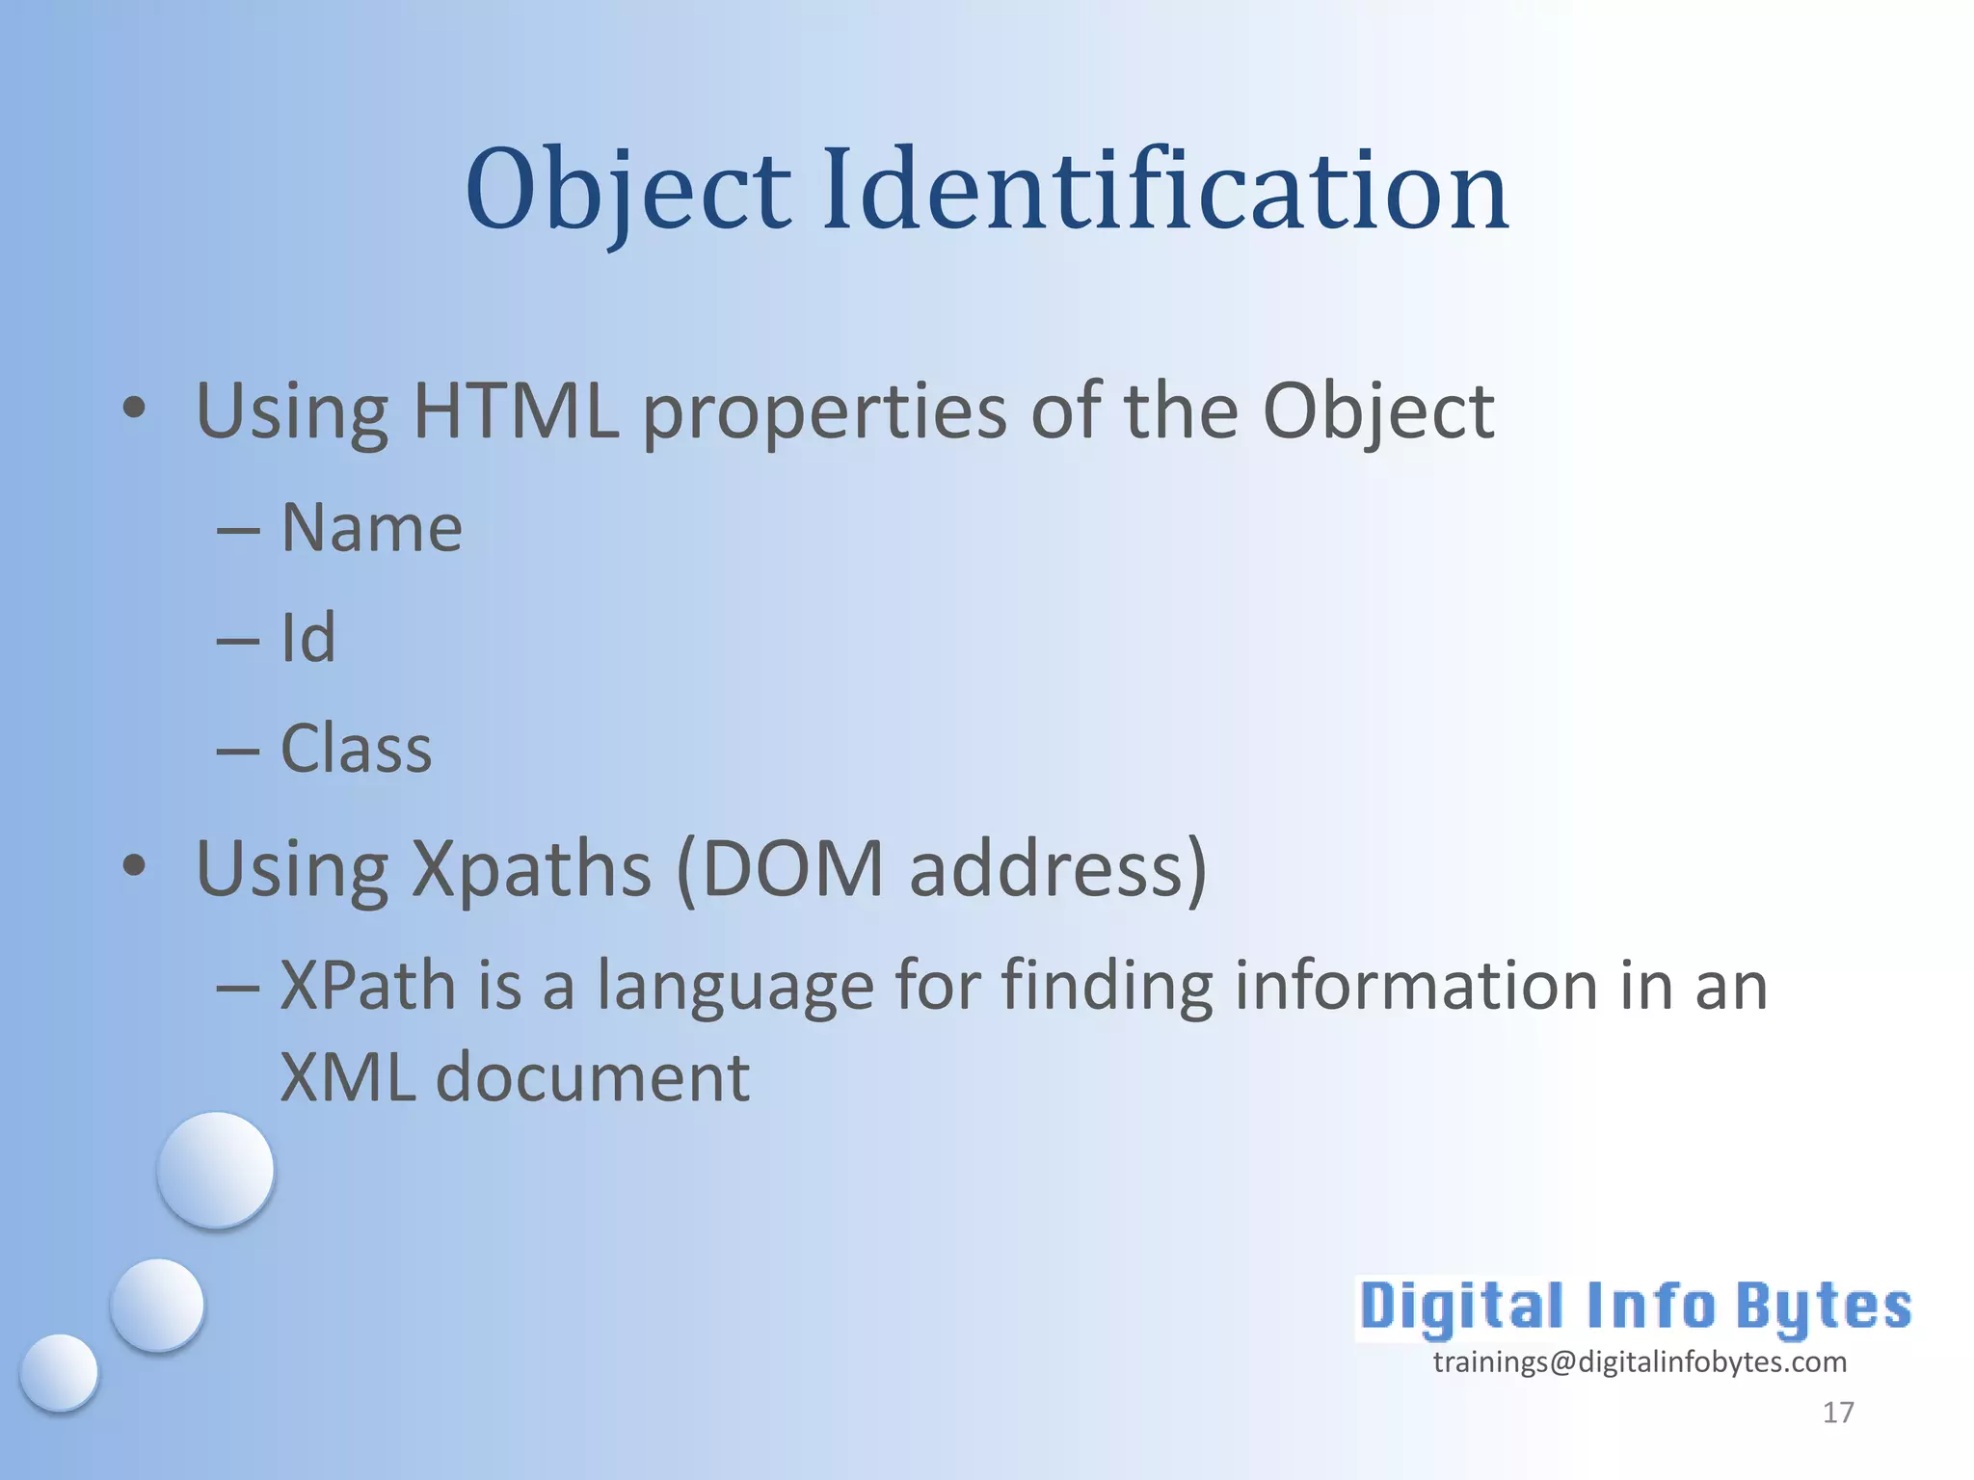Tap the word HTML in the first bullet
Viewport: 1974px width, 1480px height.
[x=516, y=411]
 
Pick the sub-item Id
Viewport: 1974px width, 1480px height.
[x=308, y=638]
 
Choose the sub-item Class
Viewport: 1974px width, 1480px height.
[x=356, y=749]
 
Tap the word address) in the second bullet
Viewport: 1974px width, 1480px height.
[x=1057, y=869]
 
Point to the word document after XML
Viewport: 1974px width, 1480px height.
[x=593, y=1077]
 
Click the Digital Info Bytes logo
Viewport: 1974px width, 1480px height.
[x=1635, y=1307]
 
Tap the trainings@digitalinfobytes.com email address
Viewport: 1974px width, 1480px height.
[x=1640, y=1361]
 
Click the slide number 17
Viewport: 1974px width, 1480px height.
[x=1838, y=1413]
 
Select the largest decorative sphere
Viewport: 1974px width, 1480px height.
[x=216, y=1170]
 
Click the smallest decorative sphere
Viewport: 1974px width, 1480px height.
[x=59, y=1372]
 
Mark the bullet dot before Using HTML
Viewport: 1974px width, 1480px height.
[x=135, y=409]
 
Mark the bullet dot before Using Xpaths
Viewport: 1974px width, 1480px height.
[x=135, y=865]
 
